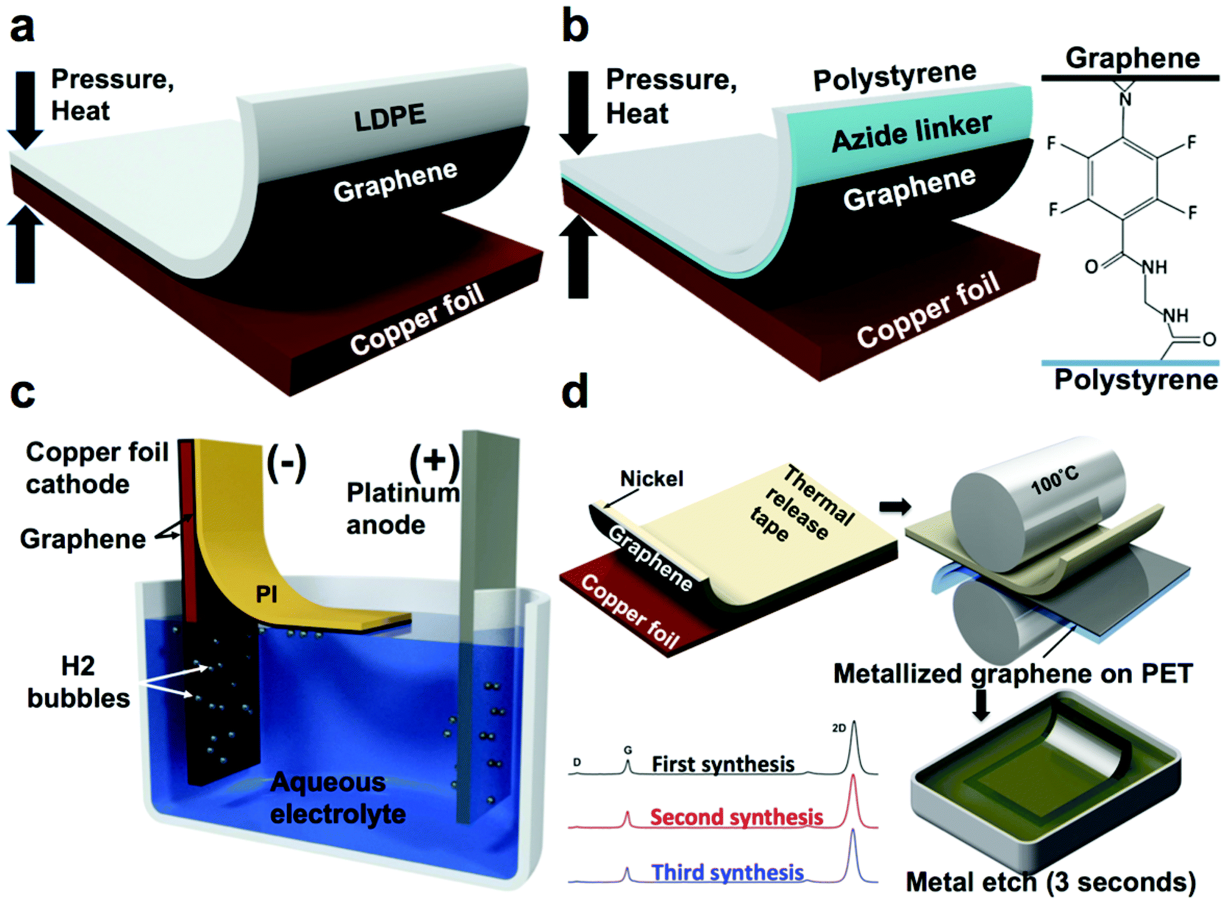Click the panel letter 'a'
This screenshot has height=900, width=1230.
pos(22,27)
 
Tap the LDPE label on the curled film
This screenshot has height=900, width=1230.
pos(390,117)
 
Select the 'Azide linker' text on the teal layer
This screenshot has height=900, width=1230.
pos(911,132)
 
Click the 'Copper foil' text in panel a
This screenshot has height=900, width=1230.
pos(417,319)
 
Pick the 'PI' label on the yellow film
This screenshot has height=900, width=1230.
pos(267,594)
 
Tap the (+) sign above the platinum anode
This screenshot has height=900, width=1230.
pos(434,461)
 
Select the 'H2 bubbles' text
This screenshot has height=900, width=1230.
pos(78,682)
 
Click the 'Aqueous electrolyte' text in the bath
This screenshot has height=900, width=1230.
pos(337,797)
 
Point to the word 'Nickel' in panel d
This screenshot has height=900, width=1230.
pos(651,479)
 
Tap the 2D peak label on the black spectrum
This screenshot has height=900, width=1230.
pos(839,727)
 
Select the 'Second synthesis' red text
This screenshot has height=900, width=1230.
pos(736,817)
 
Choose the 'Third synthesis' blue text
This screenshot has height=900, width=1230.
pos(727,872)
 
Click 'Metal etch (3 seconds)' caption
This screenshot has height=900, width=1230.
pos(1051,881)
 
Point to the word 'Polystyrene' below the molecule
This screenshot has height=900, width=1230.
pos(1136,379)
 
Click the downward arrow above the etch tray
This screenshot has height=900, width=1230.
pos(981,704)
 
